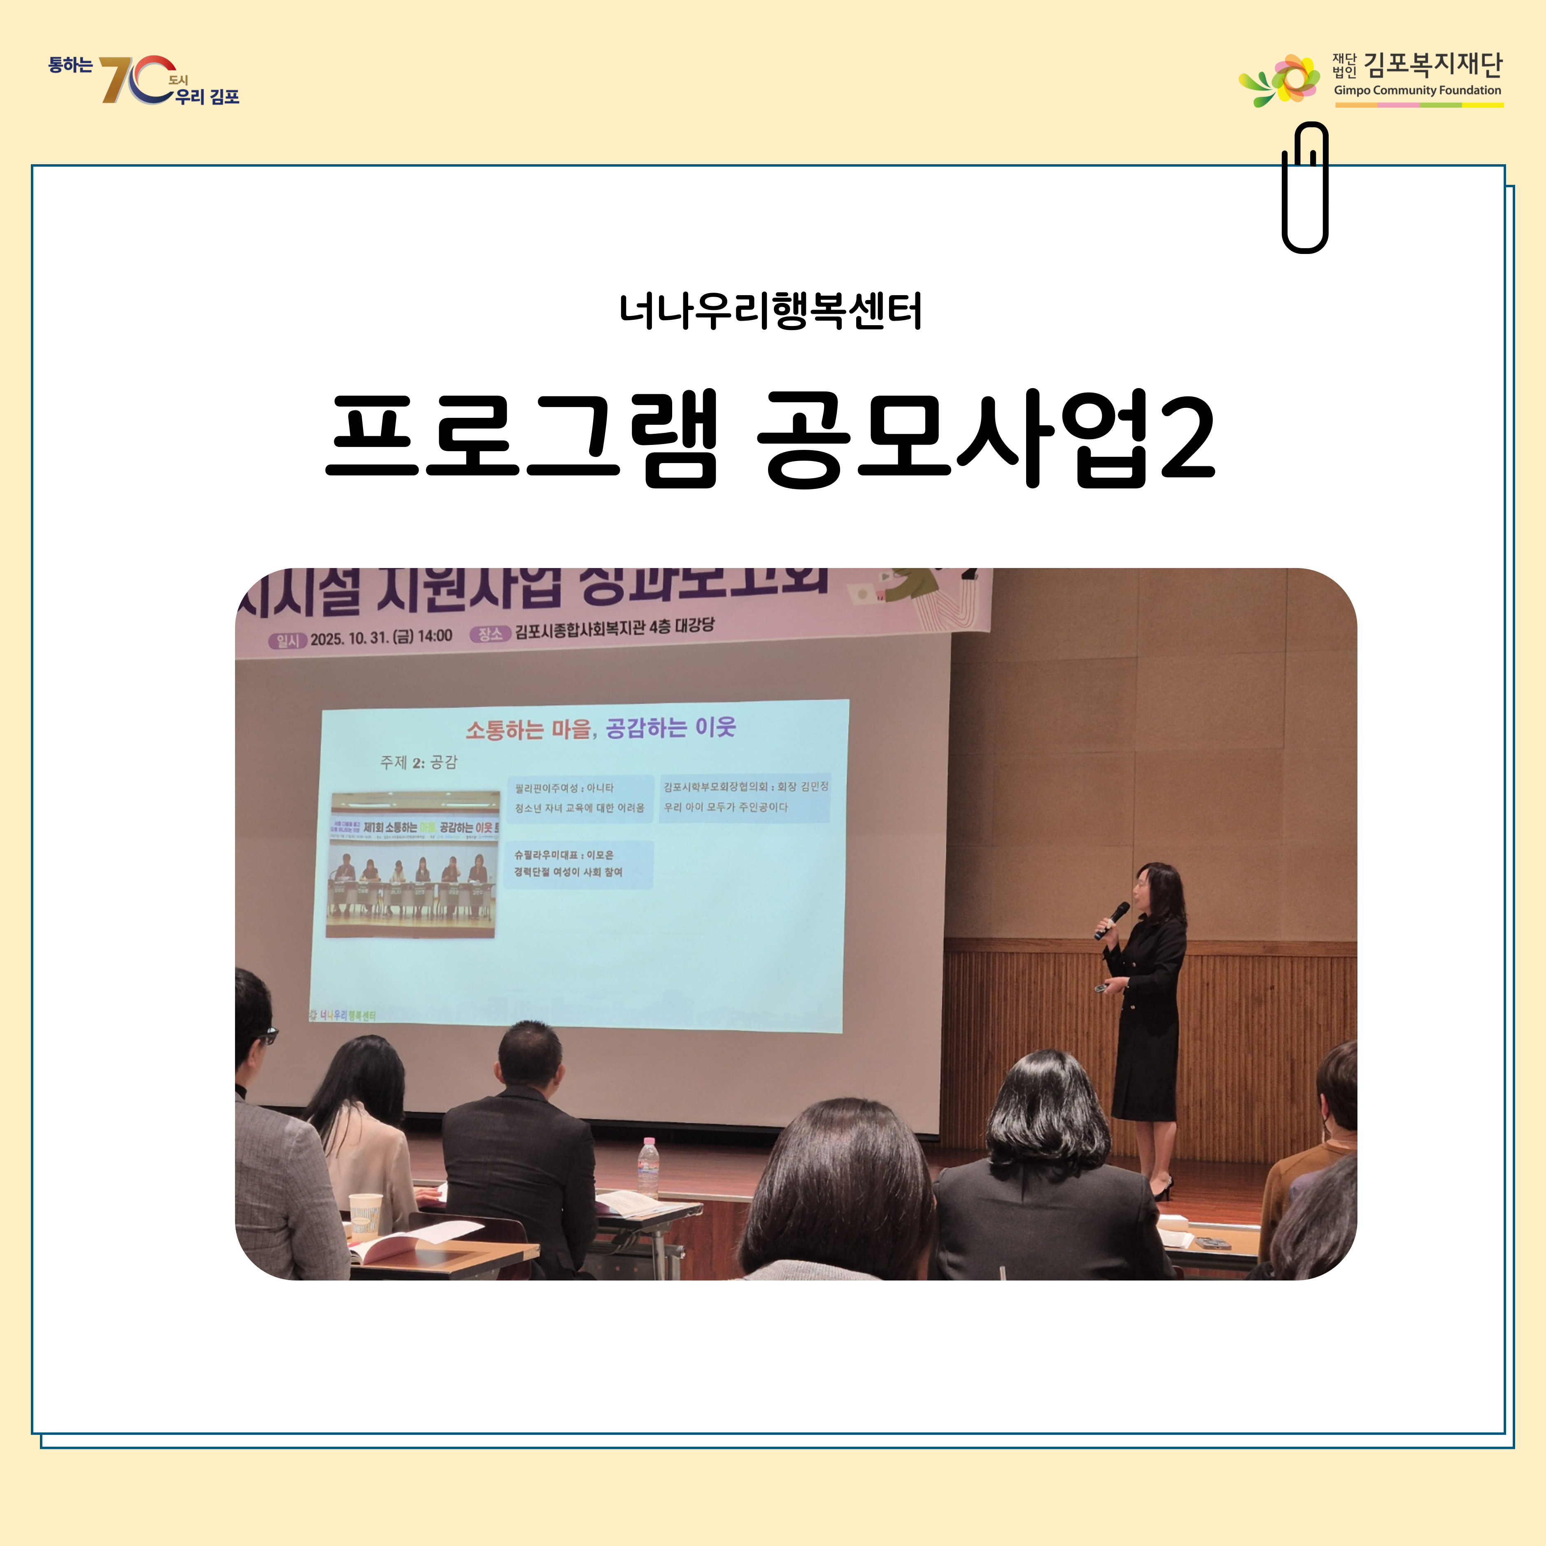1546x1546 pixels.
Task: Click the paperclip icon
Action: tap(1304, 188)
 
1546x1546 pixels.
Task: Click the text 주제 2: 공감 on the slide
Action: tap(419, 762)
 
